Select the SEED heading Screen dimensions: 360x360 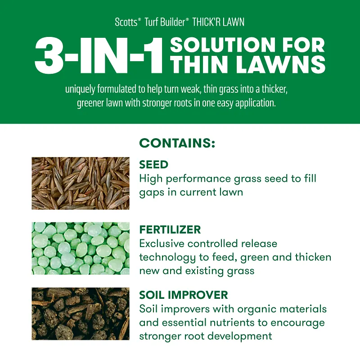[154, 165]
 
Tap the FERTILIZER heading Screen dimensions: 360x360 [170, 229]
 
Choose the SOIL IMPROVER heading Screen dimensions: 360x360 [184, 295]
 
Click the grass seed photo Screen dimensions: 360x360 [81, 183]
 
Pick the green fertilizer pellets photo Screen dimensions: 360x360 [81, 248]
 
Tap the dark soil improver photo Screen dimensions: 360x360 [81, 314]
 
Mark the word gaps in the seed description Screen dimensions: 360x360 [153, 192]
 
